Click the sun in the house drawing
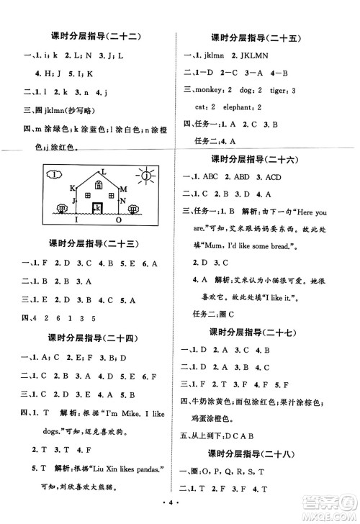pyautogui.click(x=147, y=176)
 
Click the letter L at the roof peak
pyautogui.click(x=105, y=169)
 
